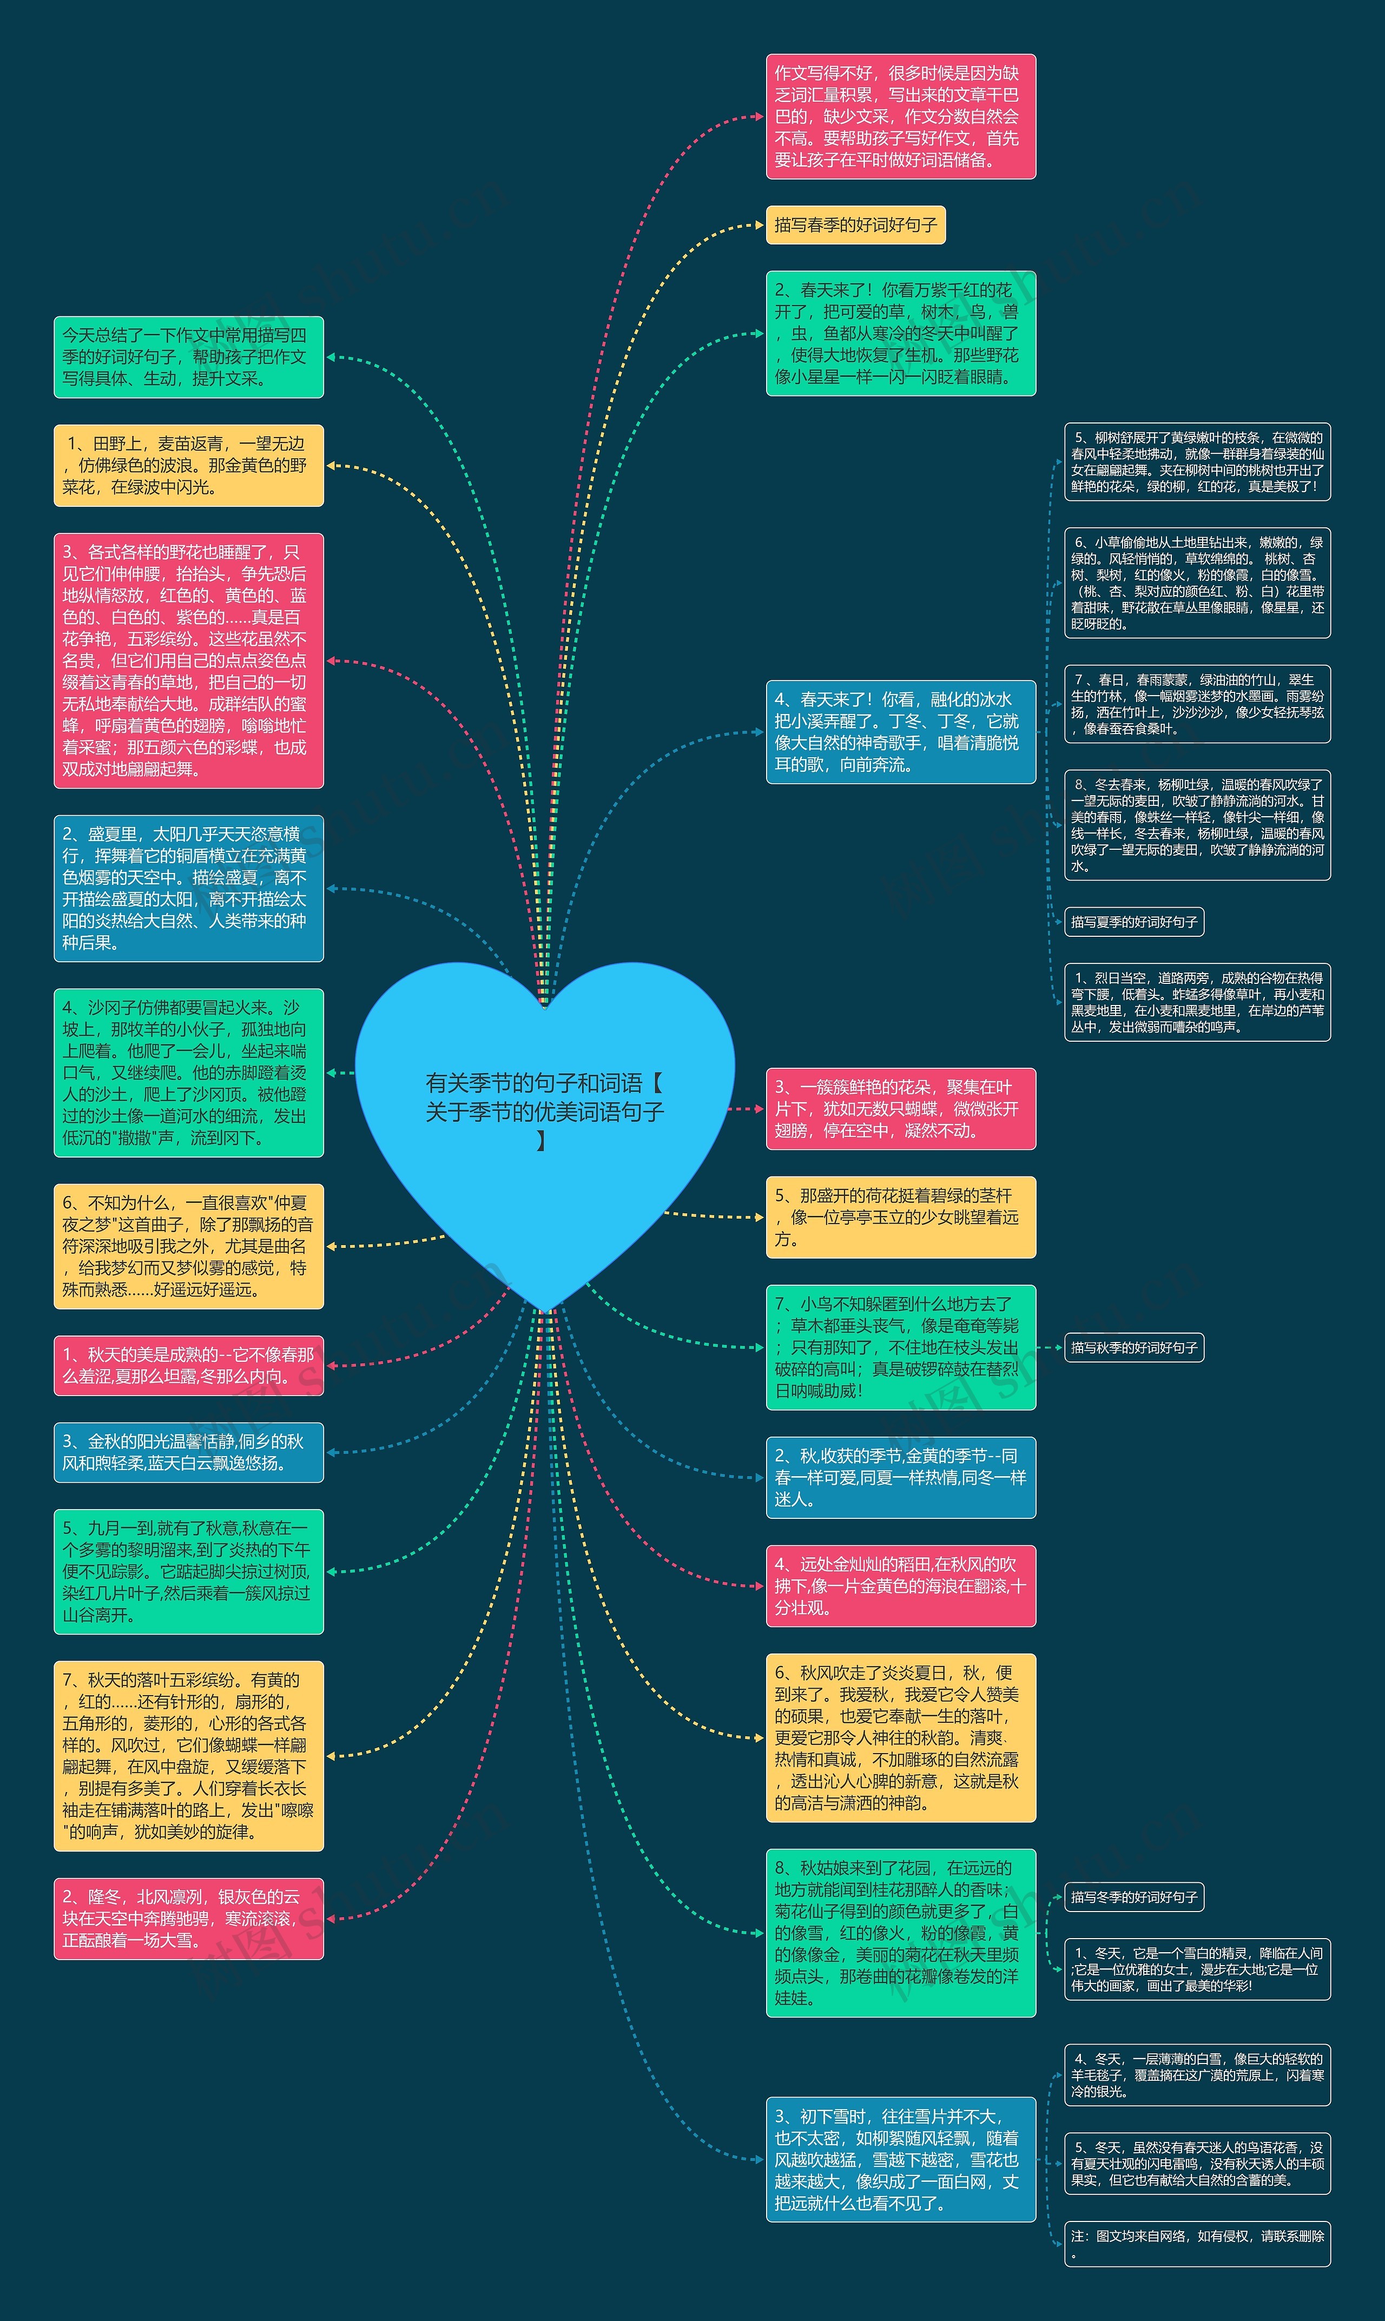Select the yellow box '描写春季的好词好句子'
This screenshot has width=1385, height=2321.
coord(855,225)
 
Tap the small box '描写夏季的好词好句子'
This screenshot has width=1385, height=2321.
coord(1134,922)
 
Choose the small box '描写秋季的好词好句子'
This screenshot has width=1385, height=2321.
coord(1134,1347)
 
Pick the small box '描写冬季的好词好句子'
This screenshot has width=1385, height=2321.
coord(1134,1896)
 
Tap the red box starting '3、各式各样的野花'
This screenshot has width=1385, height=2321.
coord(188,660)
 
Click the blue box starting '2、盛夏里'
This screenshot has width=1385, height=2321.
coord(188,888)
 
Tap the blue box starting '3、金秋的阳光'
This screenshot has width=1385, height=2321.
coord(188,1452)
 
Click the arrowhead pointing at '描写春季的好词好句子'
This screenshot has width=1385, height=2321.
coord(759,225)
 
